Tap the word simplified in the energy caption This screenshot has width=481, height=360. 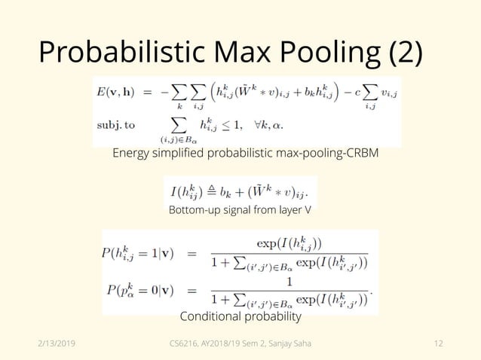tap(186, 154)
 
